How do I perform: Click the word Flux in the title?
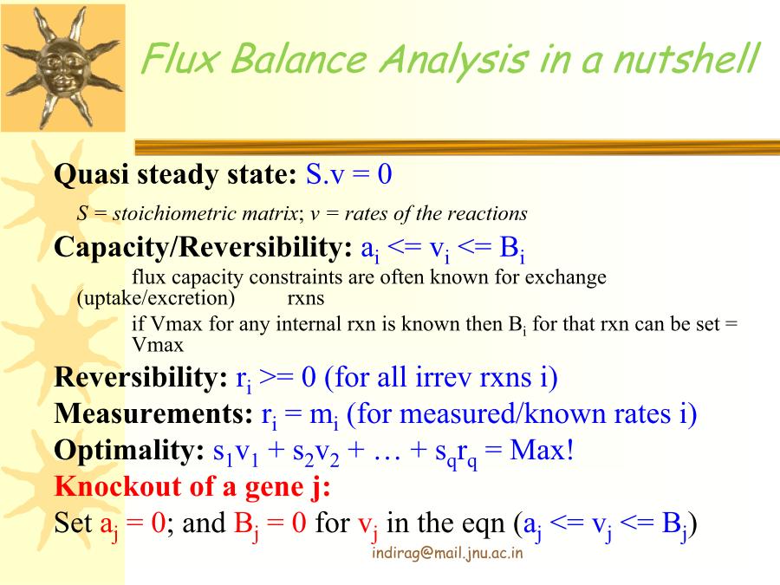(180, 59)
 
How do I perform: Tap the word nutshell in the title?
(686, 59)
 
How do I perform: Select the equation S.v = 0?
(348, 174)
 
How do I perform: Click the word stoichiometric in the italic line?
(205, 213)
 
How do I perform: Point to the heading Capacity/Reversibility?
(203, 248)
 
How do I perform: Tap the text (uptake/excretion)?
(156, 298)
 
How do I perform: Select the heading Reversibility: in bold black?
(140, 377)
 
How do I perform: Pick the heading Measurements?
(153, 413)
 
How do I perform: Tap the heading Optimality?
(129, 450)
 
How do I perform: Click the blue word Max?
(542, 450)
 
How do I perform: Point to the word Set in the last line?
(73, 523)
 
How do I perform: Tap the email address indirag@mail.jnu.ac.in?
(447, 553)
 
